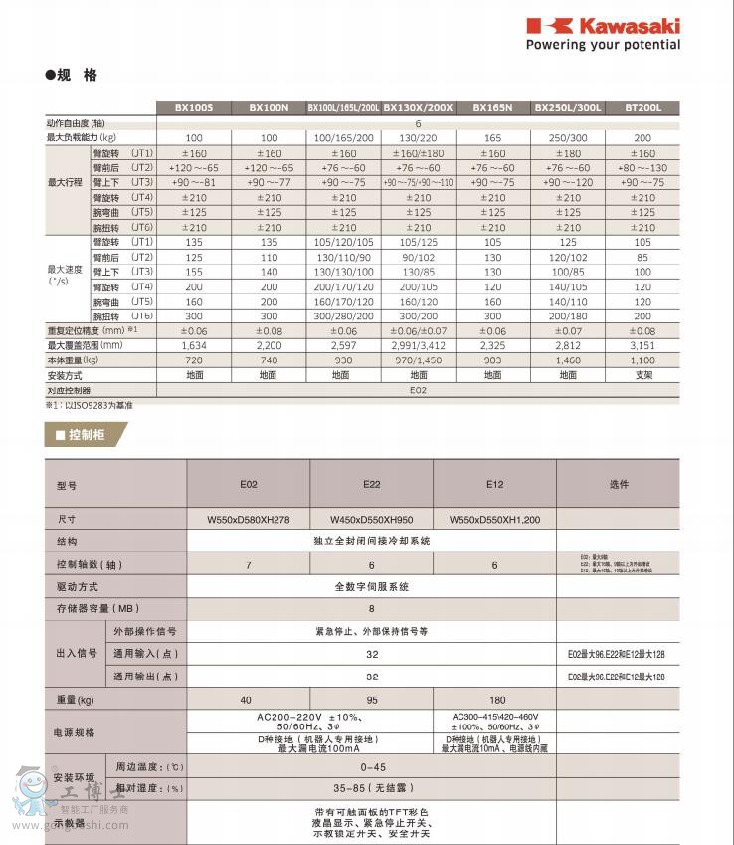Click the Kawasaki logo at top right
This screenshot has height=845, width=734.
point(603,25)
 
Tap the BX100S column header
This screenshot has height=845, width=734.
point(194,107)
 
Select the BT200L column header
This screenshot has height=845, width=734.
point(642,107)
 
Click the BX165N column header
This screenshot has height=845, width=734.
point(493,107)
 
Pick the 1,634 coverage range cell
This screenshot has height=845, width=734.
point(194,344)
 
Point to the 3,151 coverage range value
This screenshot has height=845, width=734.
point(642,344)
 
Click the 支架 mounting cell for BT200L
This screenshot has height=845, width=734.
point(642,375)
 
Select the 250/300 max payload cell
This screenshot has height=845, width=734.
point(568,137)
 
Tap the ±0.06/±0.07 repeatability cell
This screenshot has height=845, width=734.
point(419,330)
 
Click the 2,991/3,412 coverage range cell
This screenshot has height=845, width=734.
point(419,344)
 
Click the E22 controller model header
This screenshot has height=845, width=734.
point(372,484)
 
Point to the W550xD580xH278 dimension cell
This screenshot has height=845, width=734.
point(249,520)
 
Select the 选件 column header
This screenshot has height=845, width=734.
point(618,484)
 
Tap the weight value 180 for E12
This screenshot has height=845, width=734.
point(494,700)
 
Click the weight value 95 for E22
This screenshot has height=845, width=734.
point(372,700)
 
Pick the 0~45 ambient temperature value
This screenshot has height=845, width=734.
point(372,767)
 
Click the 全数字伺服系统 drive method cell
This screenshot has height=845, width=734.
point(372,587)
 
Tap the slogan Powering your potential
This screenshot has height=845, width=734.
point(603,45)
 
